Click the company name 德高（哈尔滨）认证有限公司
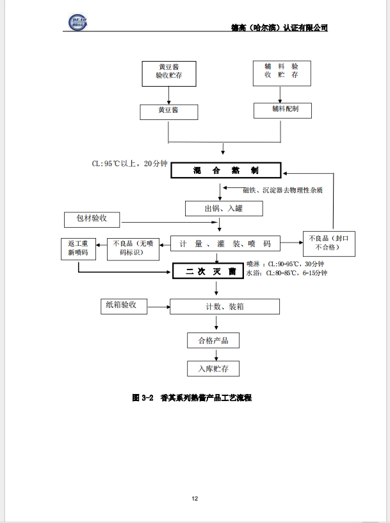coord(279,28)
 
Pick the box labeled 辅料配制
coord(281,110)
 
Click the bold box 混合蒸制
coord(226,171)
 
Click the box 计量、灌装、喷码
coord(225,244)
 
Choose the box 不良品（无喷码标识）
coord(133,248)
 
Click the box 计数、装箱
coord(224,307)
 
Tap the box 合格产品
coord(213,339)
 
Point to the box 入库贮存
coord(213,368)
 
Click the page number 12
coord(195,498)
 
